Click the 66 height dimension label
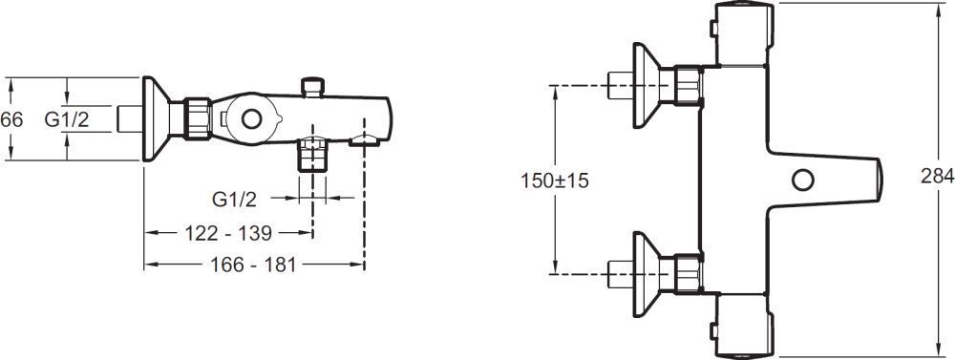pos(11,120)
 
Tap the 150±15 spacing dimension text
pos(555,180)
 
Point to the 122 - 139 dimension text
pos(227,233)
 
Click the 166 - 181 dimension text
pos(253,265)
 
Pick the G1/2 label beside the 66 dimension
pos(67,120)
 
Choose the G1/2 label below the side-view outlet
pos(235,199)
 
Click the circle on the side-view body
pos(251,118)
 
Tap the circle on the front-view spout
pos(803,180)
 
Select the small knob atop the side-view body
pos(313,87)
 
